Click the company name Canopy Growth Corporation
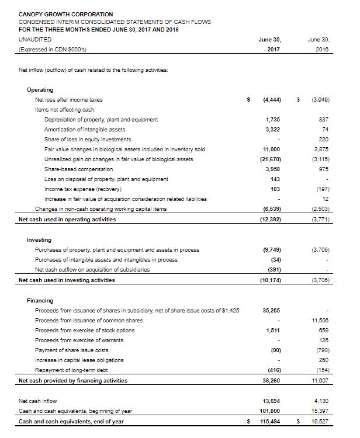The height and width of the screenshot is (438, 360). coord(66,13)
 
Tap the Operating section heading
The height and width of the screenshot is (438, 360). coord(40,90)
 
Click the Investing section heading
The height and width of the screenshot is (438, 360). coord(39,240)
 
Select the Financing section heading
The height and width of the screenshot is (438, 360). coord(41,300)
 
